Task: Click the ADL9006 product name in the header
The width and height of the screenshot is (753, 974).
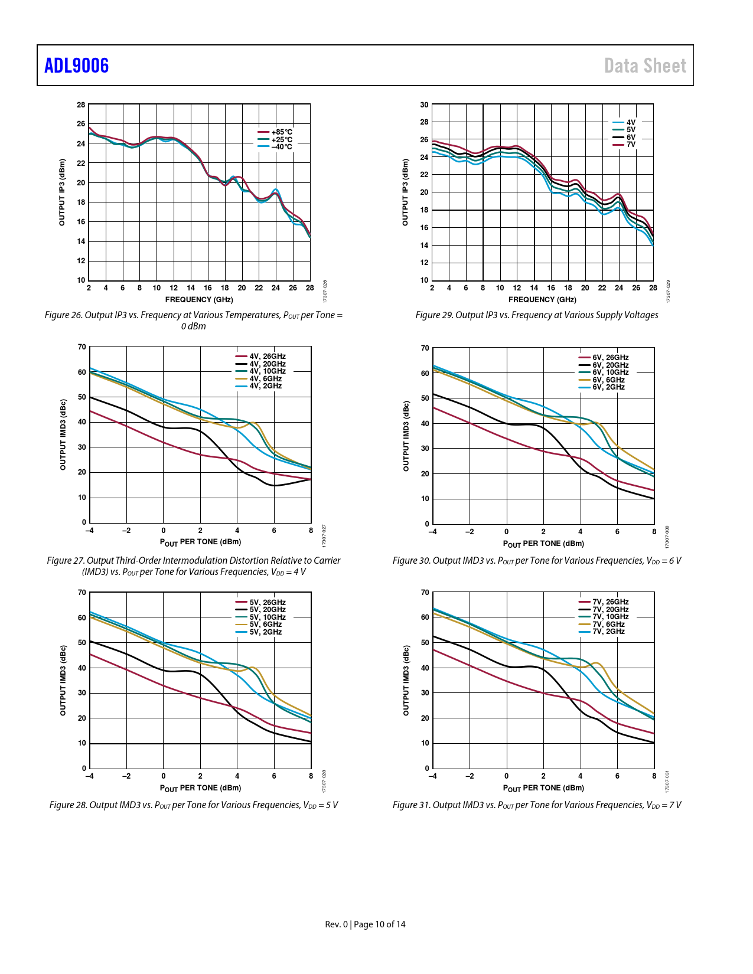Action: tap(77, 66)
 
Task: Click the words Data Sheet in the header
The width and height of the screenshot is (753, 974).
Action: tap(645, 66)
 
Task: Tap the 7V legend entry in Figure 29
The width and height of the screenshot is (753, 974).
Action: tap(631, 145)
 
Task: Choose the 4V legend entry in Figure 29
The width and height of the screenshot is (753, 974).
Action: tap(631, 123)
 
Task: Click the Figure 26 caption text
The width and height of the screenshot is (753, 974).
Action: tap(193, 321)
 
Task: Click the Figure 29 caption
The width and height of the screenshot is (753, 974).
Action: tap(536, 315)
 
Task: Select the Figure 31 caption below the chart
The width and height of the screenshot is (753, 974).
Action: tap(536, 805)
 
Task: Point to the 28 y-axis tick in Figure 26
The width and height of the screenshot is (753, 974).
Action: tap(81, 105)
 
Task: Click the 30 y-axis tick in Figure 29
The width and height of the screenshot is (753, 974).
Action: tap(424, 105)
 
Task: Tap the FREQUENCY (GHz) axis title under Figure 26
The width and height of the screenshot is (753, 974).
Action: tap(199, 300)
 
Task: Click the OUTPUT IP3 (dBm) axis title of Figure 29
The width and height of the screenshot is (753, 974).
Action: tap(405, 192)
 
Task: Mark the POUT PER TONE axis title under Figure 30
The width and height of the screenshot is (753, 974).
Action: tap(543, 544)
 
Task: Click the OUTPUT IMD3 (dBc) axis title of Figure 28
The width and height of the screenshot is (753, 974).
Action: tap(63, 681)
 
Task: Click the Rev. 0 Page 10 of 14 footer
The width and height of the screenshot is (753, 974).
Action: tap(365, 924)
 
